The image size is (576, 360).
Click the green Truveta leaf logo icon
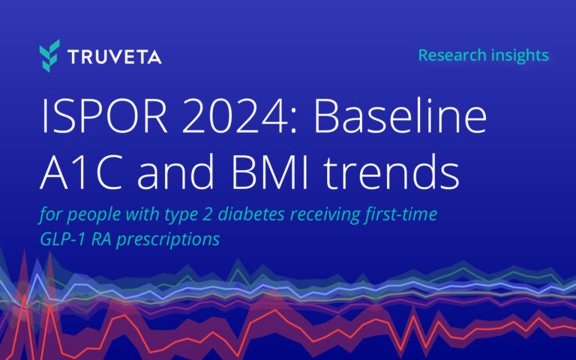click(x=50, y=56)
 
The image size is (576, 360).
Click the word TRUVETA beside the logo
click(x=113, y=57)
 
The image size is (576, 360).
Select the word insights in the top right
click(x=519, y=55)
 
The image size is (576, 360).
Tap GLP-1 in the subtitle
click(x=61, y=240)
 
